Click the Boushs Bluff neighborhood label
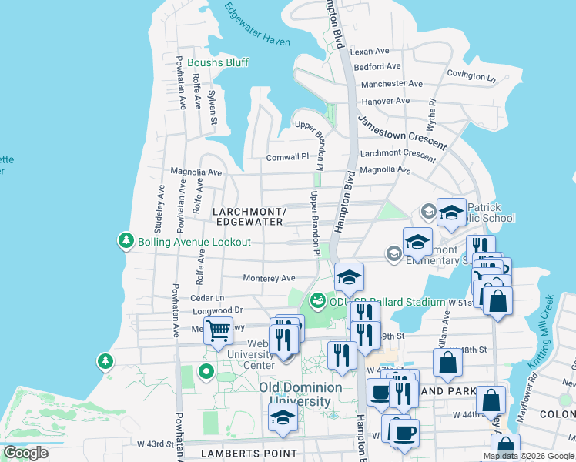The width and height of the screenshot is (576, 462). (x=216, y=62)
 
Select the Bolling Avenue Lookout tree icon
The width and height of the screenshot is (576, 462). (x=126, y=241)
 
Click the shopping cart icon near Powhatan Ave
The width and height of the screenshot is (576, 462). (x=218, y=331)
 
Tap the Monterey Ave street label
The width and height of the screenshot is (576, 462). (x=269, y=278)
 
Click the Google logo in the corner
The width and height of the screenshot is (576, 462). (x=25, y=453)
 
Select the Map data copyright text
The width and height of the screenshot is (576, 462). (x=527, y=456)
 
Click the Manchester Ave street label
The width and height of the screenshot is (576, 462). (x=392, y=84)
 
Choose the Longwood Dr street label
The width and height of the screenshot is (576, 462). (x=217, y=310)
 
